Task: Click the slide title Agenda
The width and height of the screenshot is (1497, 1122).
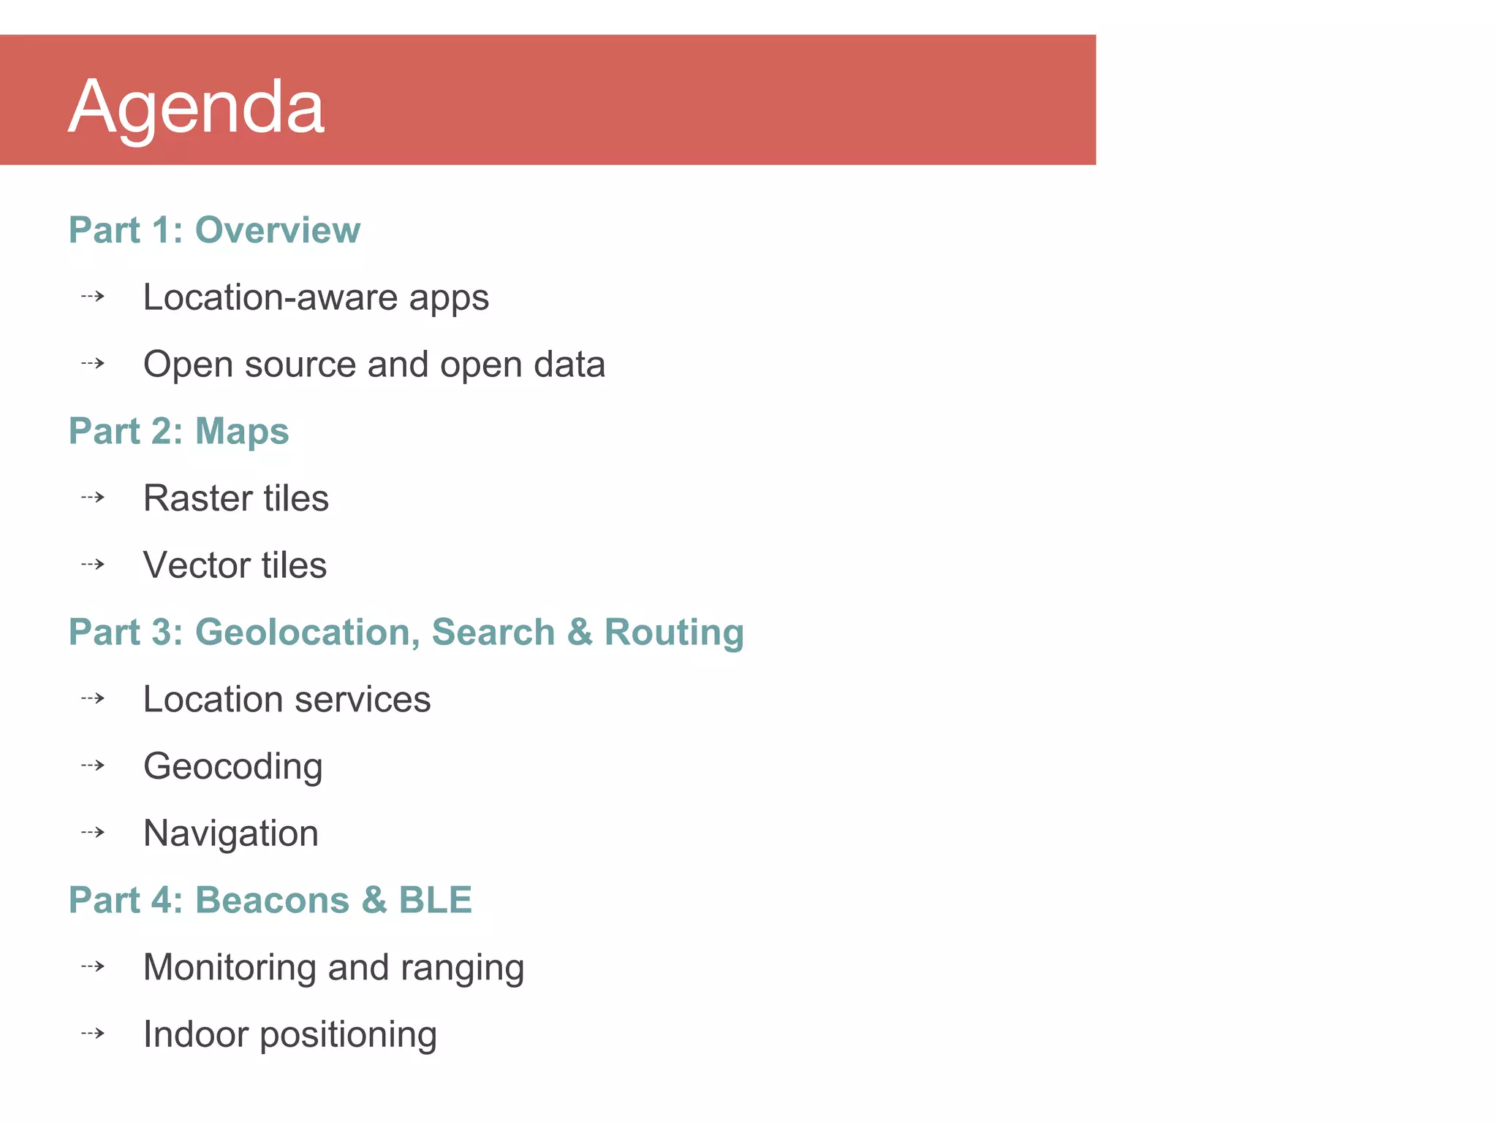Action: click(196, 108)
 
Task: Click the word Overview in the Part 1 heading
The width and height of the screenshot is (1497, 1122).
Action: click(278, 230)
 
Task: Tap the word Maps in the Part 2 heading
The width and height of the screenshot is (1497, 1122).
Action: click(242, 431)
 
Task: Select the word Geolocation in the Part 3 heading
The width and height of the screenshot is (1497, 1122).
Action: click(307, 632)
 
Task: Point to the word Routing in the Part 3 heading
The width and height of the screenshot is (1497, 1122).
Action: click(674, 632)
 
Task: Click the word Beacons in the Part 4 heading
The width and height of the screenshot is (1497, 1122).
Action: click(273, 900)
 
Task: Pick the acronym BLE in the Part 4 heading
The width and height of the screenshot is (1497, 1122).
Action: click(435, 900)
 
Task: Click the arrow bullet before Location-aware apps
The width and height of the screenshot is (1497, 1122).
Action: click(93, 297)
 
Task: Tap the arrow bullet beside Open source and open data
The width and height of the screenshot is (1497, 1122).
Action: click(93, 363)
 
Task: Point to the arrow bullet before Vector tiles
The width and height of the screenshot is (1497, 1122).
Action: click(93, 565)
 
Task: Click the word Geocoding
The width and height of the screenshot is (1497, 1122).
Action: click(233, 767)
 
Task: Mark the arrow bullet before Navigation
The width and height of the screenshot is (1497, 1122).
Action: click(93, 833)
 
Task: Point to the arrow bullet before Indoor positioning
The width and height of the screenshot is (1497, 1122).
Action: click(93, 1034)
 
